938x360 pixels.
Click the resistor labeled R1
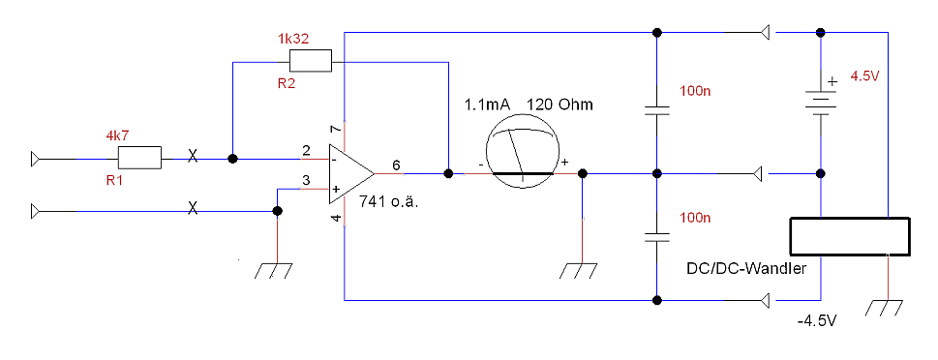[140, 159]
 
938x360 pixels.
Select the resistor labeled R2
[310, 62]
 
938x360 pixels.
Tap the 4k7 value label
[117, 136]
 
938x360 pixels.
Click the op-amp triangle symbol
[351, 173]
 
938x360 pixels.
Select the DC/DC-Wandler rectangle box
[850, 237]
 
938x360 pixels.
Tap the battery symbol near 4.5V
[821, 103]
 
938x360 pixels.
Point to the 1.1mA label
[488, 105]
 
